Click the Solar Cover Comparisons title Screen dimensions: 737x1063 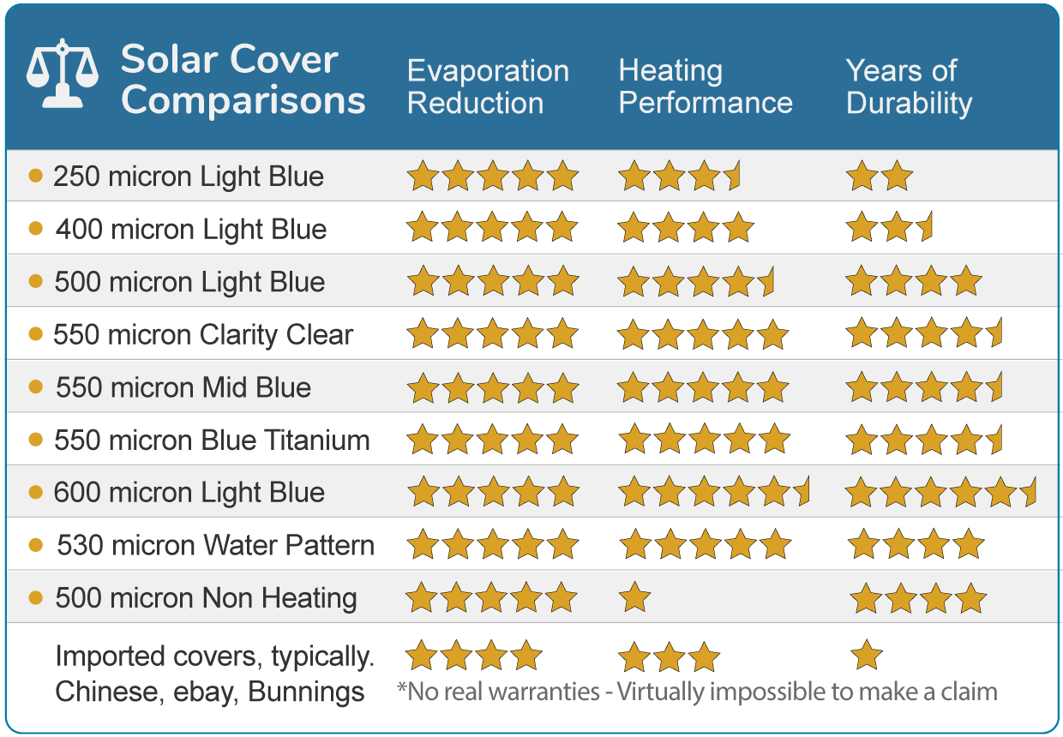(243, 80)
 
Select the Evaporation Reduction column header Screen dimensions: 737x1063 (488, 87)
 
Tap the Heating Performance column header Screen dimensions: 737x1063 (706, 87)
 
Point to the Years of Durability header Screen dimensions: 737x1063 (909, 87)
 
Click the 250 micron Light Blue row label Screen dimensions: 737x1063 (189, 177)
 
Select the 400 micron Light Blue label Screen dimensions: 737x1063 (191, 230)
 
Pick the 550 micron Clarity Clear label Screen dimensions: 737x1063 (203, 334)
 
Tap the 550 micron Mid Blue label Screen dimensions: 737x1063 (183, 387)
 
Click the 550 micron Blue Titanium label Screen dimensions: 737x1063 (212, 440)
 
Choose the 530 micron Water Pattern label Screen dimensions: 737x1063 (216, 545)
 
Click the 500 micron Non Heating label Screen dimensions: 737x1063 (206, 598)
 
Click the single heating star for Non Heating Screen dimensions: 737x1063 (634, 597)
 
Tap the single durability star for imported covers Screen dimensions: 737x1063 (867, 656)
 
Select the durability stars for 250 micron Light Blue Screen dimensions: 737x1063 (880, 177)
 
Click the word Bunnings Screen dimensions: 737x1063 (307, 692)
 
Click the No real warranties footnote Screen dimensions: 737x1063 (697, 692)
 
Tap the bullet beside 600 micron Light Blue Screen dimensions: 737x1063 (36, 493)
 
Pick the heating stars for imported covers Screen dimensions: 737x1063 (669, 657)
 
